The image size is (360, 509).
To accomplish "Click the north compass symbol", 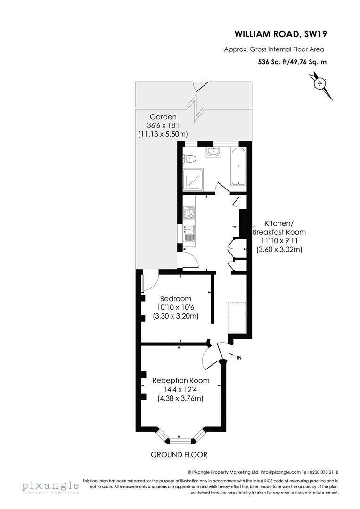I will click(320, 84).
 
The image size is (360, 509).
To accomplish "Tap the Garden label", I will click(163, 117).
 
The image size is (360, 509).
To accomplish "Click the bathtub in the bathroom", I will click(238, 165).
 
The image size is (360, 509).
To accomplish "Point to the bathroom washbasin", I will click(213, 151).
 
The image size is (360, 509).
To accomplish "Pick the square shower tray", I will click(193, 180).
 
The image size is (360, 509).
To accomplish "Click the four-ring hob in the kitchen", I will click(189, 213).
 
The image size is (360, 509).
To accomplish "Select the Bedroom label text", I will click(176, 298).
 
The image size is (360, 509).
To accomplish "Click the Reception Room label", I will click(180, 380).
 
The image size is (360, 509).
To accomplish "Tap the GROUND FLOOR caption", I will click(179, 455).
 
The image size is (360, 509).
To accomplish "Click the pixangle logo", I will click(49, 486).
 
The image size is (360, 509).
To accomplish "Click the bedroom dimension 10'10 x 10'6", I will click(176, 307).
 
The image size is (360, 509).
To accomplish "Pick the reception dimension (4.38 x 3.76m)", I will click(180, 398).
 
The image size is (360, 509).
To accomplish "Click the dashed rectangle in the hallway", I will click(237, 317).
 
